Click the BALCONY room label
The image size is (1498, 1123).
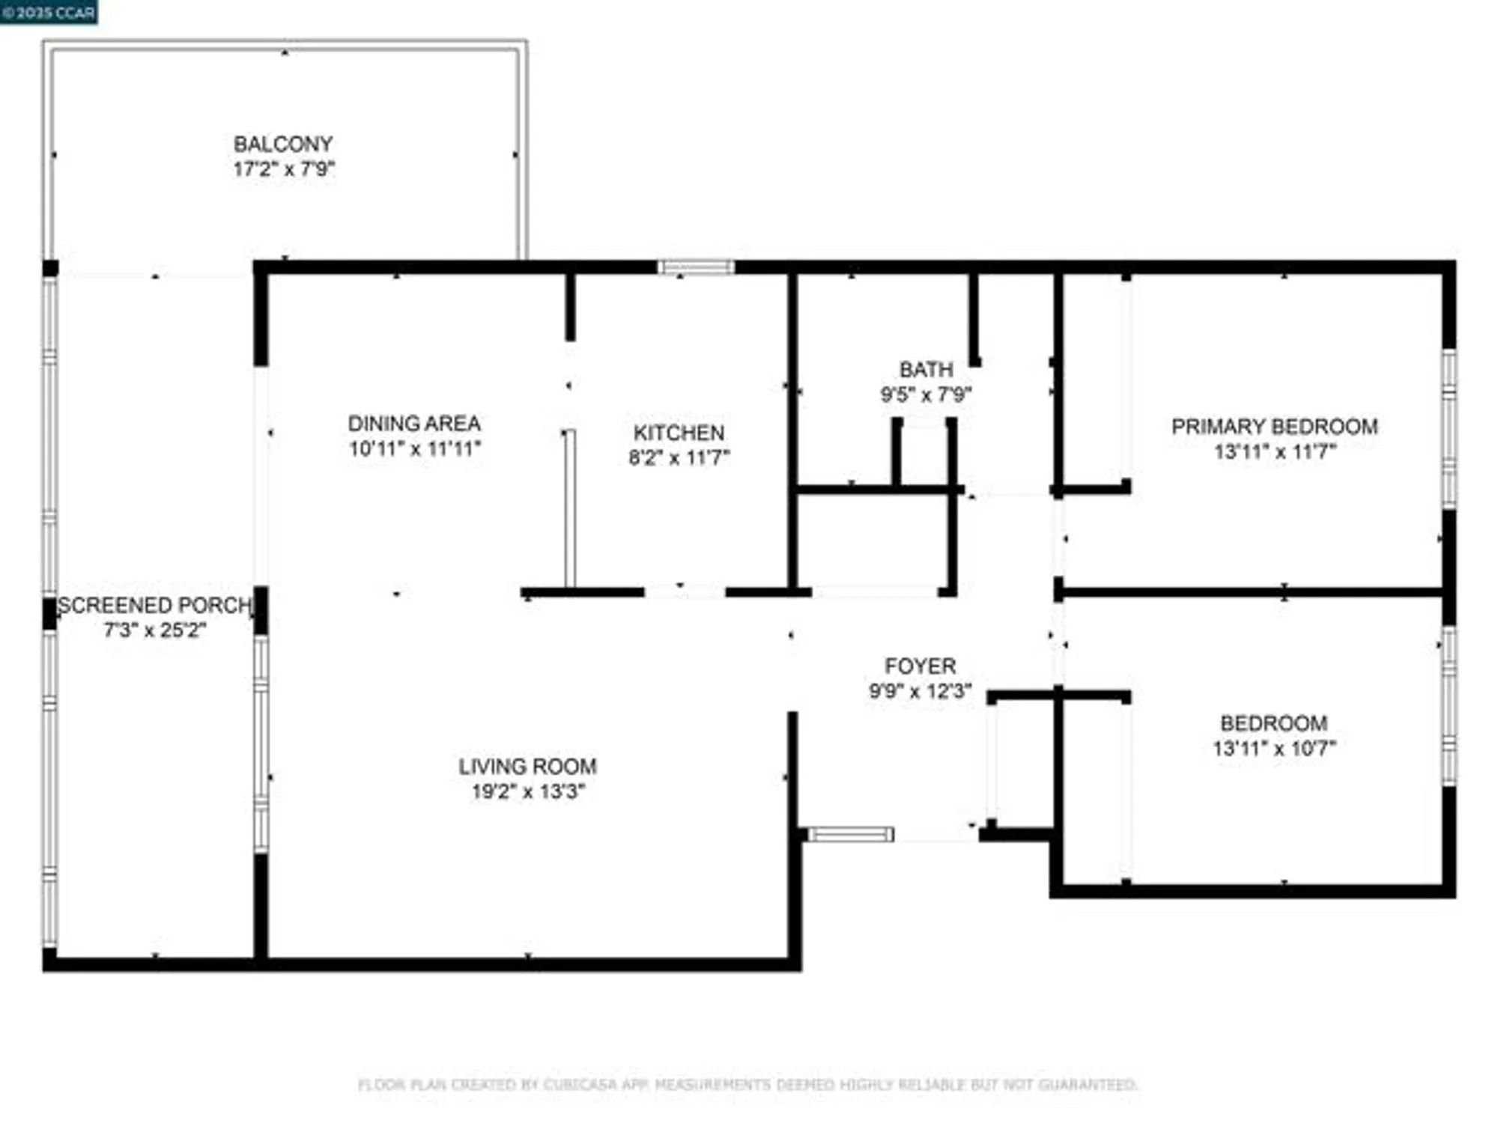283,144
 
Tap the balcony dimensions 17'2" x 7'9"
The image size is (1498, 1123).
283,168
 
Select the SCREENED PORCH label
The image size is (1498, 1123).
154,605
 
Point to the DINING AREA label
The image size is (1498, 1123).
414,424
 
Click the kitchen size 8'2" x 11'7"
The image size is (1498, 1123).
679,457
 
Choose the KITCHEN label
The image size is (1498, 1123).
679,433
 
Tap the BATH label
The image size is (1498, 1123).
926,370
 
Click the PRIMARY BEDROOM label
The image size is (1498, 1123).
1274,427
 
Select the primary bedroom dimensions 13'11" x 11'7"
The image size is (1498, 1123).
1274,451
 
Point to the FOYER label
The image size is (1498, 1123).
920,666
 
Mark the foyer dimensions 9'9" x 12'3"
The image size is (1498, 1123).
920,691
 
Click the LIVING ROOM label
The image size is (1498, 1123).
527,767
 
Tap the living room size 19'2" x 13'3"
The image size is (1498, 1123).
527,791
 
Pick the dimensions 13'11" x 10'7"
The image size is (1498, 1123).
1274,748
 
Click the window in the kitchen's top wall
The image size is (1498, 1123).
696,267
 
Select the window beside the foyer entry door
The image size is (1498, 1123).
850,834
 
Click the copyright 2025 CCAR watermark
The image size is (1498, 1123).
49,12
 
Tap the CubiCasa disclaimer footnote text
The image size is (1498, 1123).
748,1084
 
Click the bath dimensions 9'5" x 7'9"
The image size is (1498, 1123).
926,395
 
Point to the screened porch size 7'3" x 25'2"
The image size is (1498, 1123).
154,630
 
